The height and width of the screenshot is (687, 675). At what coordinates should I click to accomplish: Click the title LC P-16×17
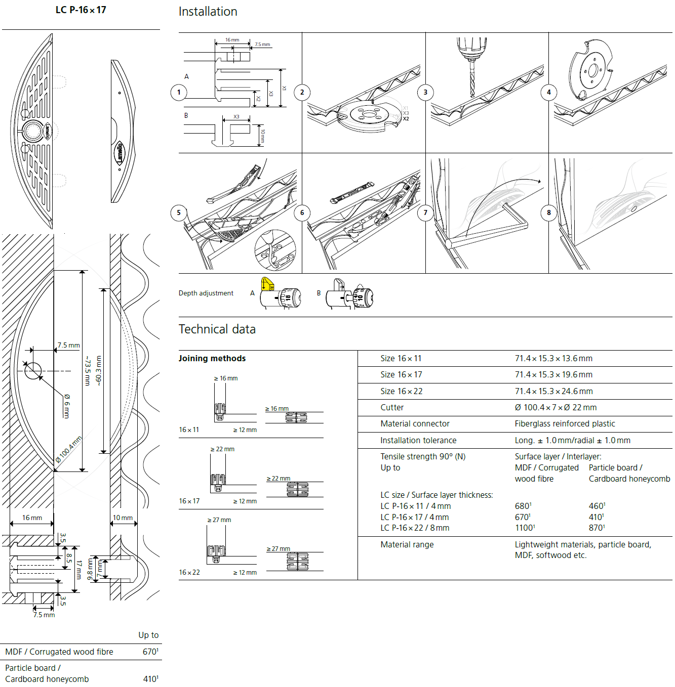click(x=81, y=10)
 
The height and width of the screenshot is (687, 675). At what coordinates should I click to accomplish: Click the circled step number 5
click(x=178, y=213)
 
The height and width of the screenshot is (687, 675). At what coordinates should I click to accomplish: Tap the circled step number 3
click(x=425, y=92)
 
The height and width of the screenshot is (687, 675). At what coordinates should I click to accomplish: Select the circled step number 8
click(x=549, y=213)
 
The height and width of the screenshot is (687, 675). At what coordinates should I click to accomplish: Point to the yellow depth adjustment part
click(x=267, y=285)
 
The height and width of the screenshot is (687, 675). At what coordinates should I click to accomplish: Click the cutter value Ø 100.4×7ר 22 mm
click(x=555, y=408)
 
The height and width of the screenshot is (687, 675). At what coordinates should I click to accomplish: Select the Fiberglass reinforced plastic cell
click(x=565, y=424)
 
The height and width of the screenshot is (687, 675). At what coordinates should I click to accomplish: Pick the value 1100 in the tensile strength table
click(x=524, y=528)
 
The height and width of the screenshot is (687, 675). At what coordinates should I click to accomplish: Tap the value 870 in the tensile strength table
click(x=596, y=528)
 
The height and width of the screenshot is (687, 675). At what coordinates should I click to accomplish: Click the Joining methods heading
click(x=212, y=359)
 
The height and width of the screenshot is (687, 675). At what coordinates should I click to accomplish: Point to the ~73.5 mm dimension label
click(x=88, y=371)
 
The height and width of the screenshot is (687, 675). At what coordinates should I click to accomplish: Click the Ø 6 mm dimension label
click(x=66, y=406)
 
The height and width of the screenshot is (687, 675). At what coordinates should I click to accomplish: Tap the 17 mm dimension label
click(x=79, y=569)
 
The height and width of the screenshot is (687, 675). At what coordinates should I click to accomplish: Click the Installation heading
click(x=208, y=12)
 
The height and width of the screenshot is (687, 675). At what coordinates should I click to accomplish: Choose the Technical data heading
click(x=217, y=329)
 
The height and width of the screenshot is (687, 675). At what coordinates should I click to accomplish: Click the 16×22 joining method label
click(x=189, y=573)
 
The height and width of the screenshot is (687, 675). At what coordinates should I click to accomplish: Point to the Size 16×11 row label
click(x=401, y=359)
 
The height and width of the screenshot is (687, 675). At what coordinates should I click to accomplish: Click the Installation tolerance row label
click(x=418, y=441)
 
